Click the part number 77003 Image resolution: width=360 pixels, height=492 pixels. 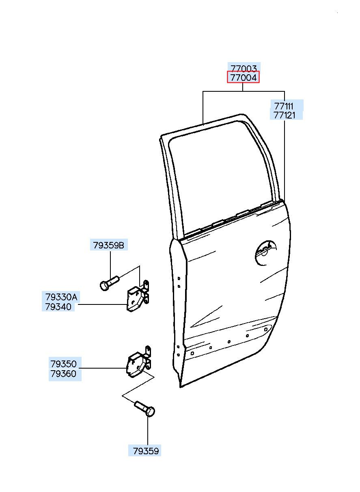(243, 68)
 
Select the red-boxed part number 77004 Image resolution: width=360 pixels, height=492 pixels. (243, 77)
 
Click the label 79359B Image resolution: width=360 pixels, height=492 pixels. (108, 245)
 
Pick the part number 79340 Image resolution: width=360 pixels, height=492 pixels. (58, 307)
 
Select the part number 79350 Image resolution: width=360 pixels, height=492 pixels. (63, 363)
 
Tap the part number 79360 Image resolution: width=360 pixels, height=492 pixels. (63, 373)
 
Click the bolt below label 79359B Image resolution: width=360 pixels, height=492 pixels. (109, 283)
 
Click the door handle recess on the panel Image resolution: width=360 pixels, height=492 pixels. (266, 252)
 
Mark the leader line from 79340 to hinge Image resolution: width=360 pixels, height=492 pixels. (101, 304)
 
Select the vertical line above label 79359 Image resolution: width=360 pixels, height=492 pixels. (148, 430)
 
